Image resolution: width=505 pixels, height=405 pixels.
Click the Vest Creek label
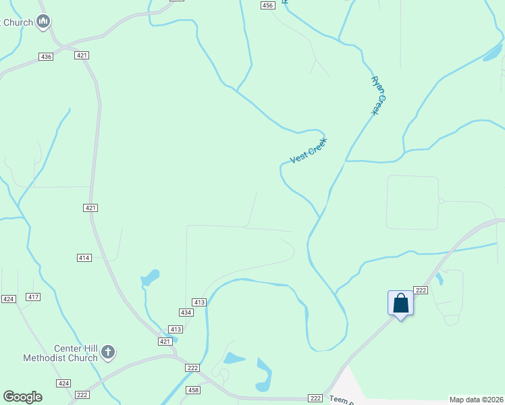(x=308, y=150)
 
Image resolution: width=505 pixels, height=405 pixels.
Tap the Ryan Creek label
(x=380, y=94)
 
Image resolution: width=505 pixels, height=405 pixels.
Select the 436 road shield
(x=46, y=57)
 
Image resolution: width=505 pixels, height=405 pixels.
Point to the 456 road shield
(x=268, y=5)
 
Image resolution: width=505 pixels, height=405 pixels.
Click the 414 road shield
(x=84, y=258)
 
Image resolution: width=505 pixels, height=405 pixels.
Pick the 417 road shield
(x=33, y=297)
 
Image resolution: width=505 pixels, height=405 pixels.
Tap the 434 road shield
(x=186, y=313)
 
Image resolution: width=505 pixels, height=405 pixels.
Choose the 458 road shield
(x=193, y=390)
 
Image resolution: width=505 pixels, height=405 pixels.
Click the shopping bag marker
(x=401, y=303)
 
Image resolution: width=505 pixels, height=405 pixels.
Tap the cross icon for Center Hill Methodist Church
(x=109, y=352)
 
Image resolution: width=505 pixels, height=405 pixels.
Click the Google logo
(x=22, y=397)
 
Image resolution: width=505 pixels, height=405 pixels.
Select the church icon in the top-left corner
(x=44, y=22)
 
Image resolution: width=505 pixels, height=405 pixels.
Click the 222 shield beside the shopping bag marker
(x=421, y=290)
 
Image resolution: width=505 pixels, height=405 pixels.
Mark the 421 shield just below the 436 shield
(x=82, y=55)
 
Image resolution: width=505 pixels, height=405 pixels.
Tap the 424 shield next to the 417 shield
(x=8, y=298)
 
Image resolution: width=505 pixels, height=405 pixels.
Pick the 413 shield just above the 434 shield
(x=198, y=302)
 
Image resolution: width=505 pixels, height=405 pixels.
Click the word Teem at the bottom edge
(x=338, y=400)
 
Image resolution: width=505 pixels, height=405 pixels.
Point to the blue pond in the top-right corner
(x=492, y=54)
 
